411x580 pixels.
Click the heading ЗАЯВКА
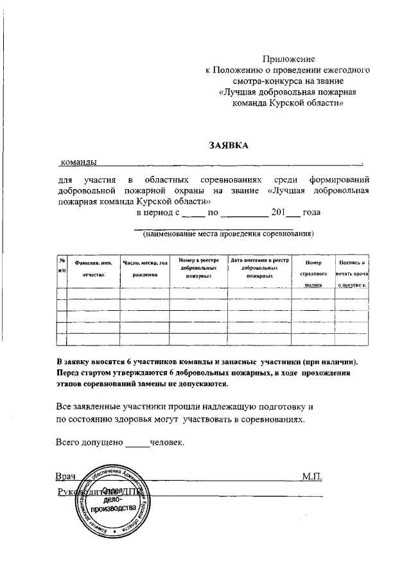228,145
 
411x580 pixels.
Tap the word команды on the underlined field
78,162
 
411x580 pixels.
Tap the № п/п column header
62,265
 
